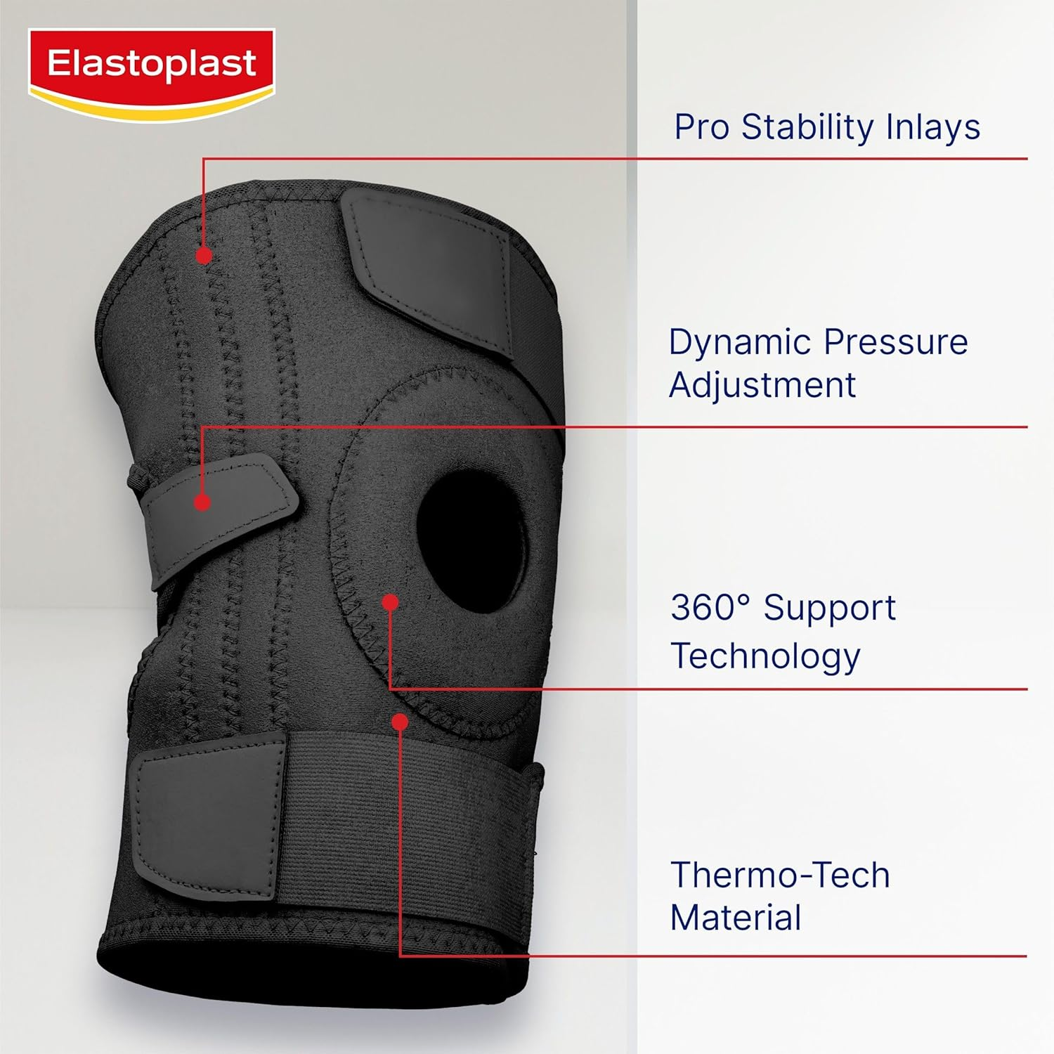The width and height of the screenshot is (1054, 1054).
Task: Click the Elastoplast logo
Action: coord(151,71)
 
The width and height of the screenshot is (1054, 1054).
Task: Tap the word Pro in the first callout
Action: coord(701,128)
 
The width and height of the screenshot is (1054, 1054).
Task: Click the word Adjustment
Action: coord(762,386)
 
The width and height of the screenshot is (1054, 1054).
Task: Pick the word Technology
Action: coord(765,656)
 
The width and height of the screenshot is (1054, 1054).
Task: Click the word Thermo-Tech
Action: coord(780,876)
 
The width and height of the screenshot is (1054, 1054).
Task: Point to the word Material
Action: coord(736,918)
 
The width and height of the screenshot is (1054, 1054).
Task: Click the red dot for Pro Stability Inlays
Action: coord(204,255)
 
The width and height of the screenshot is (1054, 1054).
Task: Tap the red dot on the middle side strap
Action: coord(202,502)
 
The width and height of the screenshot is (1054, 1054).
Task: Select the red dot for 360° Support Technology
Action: coord(391,602)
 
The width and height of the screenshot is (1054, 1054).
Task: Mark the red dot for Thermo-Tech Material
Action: coord(400,722)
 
